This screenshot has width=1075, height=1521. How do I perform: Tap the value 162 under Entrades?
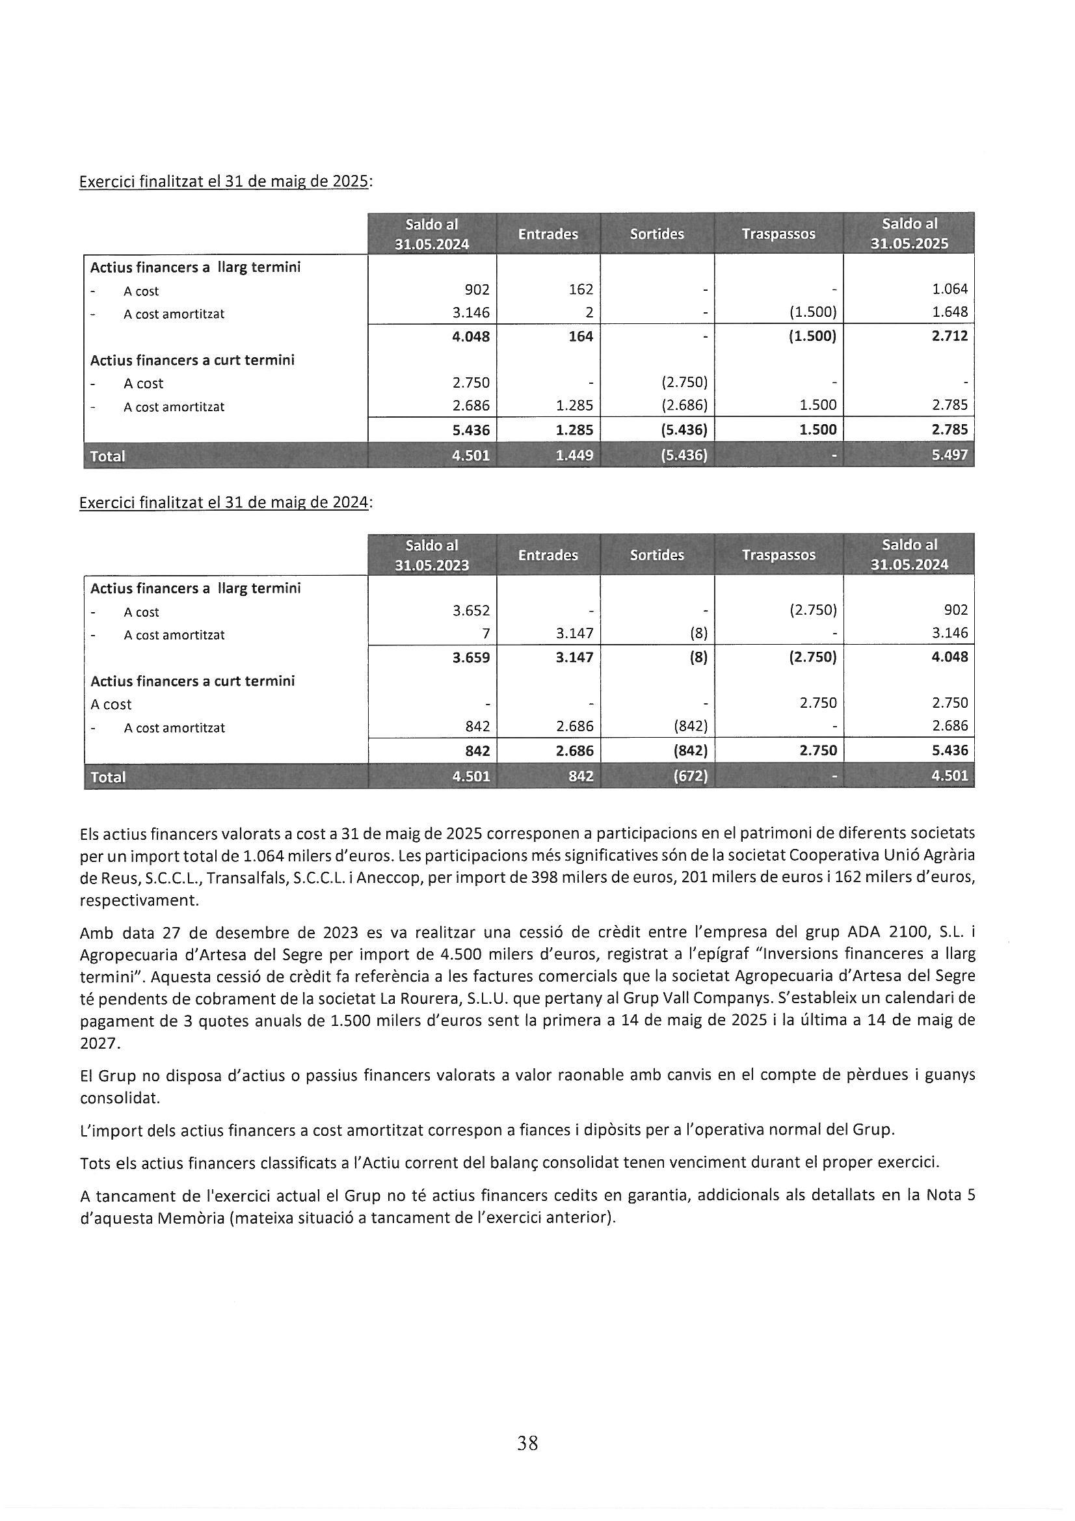pos(580,289)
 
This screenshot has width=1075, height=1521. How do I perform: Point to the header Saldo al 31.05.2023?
pos(432,554)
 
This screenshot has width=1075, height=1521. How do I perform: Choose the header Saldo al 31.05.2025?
pos(909,233)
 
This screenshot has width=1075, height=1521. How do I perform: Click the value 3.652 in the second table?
pos(471,610)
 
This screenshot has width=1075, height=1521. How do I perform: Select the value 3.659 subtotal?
pos(471,657)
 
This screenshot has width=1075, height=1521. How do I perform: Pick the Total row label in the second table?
pos(107,777)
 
